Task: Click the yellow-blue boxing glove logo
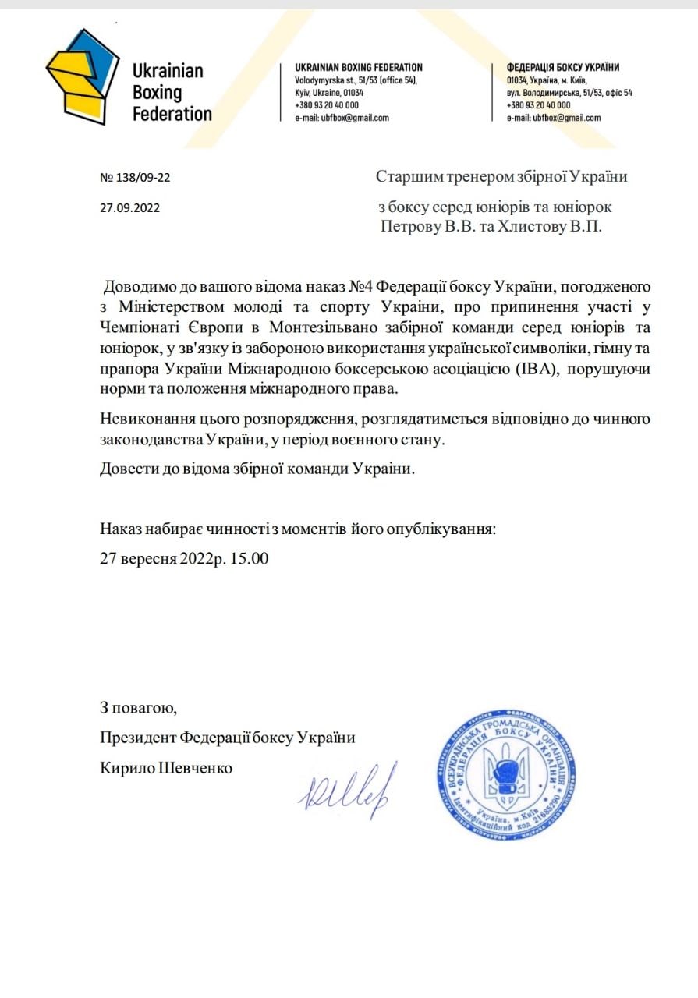click(82, 76)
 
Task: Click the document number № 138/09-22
click(136, 177)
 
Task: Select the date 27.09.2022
click(132, 208)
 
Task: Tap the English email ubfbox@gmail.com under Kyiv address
click(342, 119)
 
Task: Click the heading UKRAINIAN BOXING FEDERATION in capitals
click(359, 68)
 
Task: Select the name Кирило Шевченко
click(166, 768)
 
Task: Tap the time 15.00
click(250, 559)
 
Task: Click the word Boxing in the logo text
click(158, 93)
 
